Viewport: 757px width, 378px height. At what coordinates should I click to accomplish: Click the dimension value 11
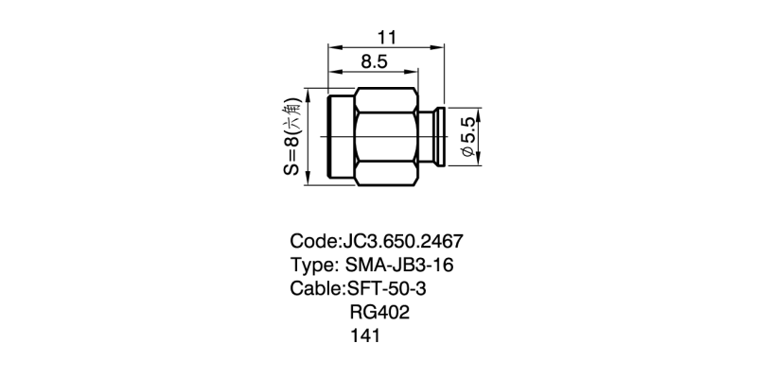click(386, 37)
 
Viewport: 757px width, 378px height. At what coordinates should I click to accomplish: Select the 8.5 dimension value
click(374, 62)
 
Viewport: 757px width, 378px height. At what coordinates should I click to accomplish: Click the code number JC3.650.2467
click(403, 241)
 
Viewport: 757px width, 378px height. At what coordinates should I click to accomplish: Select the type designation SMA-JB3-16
click(399, 265)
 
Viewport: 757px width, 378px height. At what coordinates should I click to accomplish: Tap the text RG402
click(379, 312)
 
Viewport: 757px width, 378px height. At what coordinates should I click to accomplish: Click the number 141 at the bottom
click(365, 335)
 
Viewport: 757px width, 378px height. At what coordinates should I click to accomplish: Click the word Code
click(314, 241)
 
